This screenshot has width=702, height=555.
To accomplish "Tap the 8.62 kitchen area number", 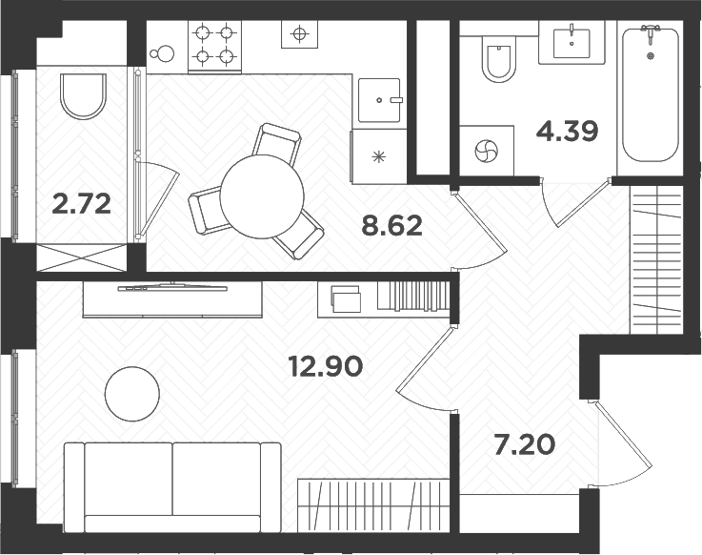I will click(x=391, y=227).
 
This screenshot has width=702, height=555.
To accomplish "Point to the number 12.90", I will click(x=326, y=365).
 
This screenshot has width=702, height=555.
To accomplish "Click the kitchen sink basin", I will click(x=381, y=99).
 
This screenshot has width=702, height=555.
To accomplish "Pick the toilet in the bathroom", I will click(x=497, y=61).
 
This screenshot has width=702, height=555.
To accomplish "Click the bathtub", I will click(x=651, y=95).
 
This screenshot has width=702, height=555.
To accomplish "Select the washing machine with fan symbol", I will click(x=486, y=152).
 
